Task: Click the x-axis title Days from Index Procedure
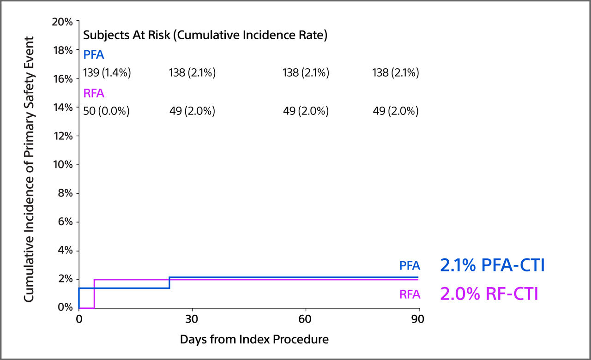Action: click(x=254, y=340)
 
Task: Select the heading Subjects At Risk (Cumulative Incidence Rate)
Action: click(x=205, y=36)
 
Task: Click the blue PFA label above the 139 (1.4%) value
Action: click(x=94, y=55)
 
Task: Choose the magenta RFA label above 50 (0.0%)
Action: click(x=94, y=94)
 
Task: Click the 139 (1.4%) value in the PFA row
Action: click(x=107, y=73)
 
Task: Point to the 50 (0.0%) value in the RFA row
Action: click(x=106, y=111)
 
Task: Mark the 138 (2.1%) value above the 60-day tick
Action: click(x=306, y=73)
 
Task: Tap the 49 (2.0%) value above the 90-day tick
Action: click(x=396, y=111)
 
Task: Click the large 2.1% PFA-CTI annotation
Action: click(x=492, y=265)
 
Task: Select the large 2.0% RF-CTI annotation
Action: click(x=489, y=294)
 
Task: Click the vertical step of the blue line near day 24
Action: click(x=169, y=283)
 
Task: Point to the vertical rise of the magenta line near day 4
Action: click(x=94, y=294)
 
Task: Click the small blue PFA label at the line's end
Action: click(x=410, y=266)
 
